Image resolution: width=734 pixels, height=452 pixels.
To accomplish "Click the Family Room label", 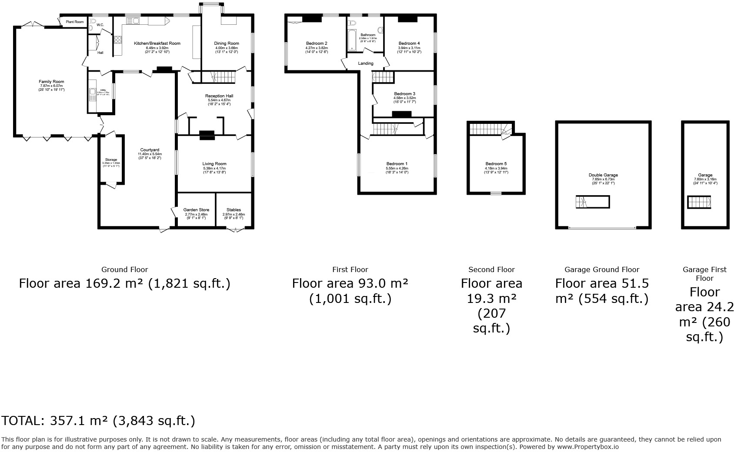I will [51, 82].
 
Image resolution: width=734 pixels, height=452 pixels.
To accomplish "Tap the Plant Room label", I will [74, 22].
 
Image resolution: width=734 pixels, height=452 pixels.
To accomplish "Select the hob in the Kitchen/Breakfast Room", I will [118, 40].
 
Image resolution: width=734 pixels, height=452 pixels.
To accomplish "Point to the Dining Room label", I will [227, 43].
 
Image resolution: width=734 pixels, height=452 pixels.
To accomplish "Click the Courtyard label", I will [149, 150].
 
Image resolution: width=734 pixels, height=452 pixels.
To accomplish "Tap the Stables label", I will [234, 210].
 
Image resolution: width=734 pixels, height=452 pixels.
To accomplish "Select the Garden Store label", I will [196, 210].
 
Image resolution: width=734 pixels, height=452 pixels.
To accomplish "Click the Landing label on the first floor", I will [366, 63].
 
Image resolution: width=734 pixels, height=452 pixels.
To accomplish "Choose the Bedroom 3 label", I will [404, 94].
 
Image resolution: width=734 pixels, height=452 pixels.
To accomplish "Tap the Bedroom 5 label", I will [496, 164].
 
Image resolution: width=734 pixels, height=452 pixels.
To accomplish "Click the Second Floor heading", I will [491, 269].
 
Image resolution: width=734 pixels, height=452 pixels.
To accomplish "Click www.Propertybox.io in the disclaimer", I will [587, 446].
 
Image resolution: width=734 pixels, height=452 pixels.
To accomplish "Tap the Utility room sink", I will [92, 92].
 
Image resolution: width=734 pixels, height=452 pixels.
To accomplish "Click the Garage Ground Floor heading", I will [602, 269].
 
